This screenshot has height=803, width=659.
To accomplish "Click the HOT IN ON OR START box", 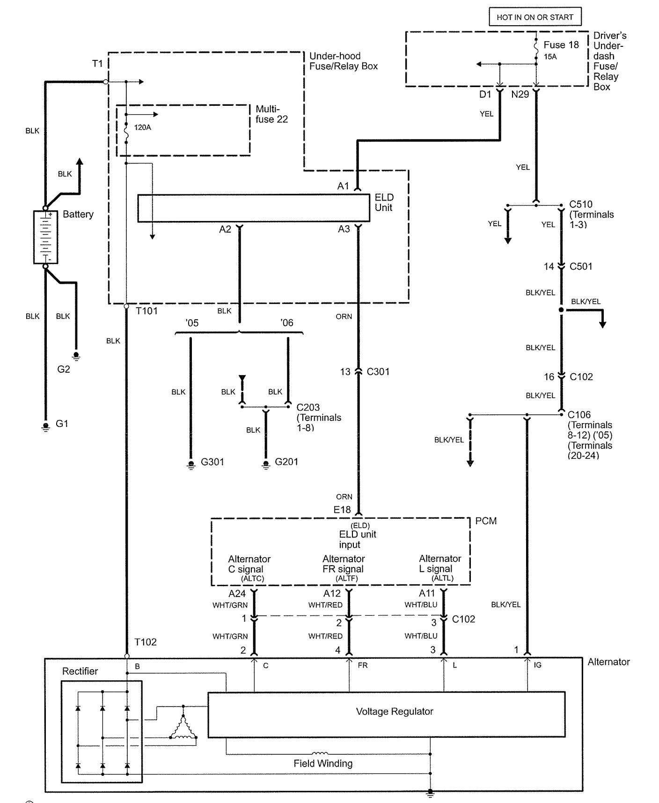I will click(535, 17).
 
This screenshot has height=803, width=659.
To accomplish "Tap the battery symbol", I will click(45, 237).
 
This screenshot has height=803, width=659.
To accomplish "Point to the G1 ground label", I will click(62, 423).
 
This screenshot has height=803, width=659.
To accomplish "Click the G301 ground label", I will click(212, 462).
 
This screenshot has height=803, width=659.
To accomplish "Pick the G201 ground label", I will click(286, 461).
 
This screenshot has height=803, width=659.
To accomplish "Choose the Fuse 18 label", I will click(561, 45).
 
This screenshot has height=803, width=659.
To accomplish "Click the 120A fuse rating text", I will click(143, 127).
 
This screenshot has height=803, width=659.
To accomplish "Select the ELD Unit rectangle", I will click(254, 207).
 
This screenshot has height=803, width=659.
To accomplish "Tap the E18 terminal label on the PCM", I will click(342, 509).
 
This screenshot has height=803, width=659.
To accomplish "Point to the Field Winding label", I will click(323, 763).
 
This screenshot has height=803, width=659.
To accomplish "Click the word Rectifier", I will click(80, 671).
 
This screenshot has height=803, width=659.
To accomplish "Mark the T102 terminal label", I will click(146, 642).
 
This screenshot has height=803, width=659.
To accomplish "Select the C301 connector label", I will click(378, 372).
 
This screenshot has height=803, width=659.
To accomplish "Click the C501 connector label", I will click(581, 266).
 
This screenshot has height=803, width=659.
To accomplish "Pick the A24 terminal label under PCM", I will click(237, 594).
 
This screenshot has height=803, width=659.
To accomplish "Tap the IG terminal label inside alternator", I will click(537, 665).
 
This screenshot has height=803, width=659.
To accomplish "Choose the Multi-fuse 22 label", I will click(271, 114).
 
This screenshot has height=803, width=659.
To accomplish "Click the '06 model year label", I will click(286, 323).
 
